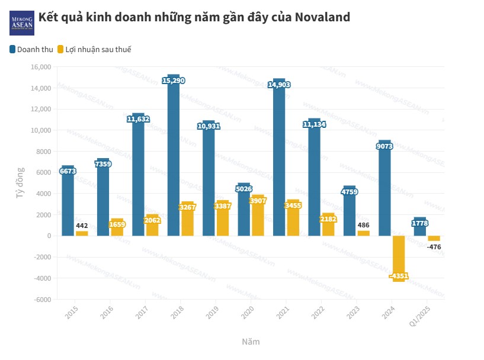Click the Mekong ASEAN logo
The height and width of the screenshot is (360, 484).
[x=21, y=22]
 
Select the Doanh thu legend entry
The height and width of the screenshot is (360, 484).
[x=31, y=49]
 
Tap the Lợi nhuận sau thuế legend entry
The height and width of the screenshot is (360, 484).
[x=94, y=49]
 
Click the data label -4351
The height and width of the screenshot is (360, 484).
[x=399, y=277]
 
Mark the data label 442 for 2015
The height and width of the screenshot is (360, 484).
[x=82, y=226]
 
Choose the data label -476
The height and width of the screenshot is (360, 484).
[x=435, y=247]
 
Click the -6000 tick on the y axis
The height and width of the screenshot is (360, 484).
[x=41, y=299]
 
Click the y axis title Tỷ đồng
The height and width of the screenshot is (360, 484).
[x=20, y=183]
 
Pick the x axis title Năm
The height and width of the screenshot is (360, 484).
[x=251, y=342]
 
